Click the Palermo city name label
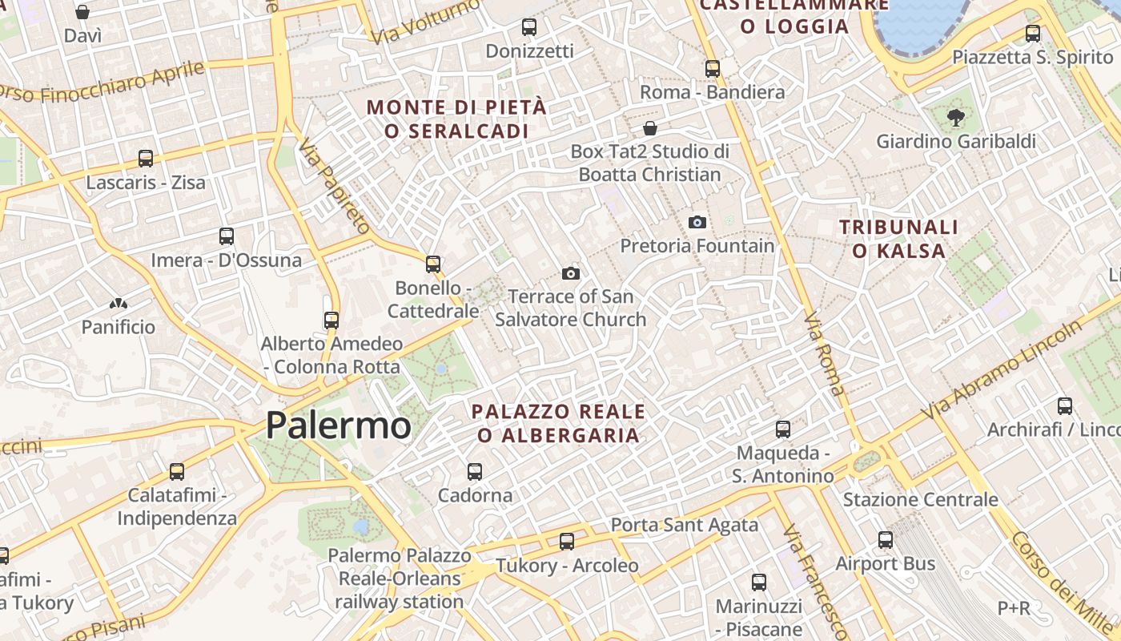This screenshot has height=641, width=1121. (x=338, y=425)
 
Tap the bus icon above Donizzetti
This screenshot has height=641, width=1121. (x=529, y=27)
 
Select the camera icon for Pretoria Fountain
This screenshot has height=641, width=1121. (x=697, y=222)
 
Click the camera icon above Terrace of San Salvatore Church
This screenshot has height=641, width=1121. (x=571, y=273)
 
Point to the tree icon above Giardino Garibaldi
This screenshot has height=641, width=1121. (x=955, y=118)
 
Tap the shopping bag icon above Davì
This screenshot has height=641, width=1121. (x=82, y=12)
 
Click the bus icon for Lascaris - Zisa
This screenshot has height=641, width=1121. (x=146, y=159)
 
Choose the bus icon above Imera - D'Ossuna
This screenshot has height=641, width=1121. (x=227, y=236)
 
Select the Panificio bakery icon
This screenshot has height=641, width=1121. (x=119, y=304)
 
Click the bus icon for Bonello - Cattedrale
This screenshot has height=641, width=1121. (x=433, y=264)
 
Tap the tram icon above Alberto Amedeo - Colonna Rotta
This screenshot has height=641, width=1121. (x=331, y=320)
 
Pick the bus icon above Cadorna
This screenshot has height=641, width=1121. (x=475, y=471)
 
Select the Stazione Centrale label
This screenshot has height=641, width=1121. (x=920, y=500)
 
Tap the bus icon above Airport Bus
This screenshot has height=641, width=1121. (x=886, y=540)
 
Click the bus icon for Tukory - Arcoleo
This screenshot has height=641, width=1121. (x=567, y=542)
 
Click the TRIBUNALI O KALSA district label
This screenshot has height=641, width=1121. (x=898, y=239)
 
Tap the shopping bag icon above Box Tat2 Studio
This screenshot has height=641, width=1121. (x=650, y=128)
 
